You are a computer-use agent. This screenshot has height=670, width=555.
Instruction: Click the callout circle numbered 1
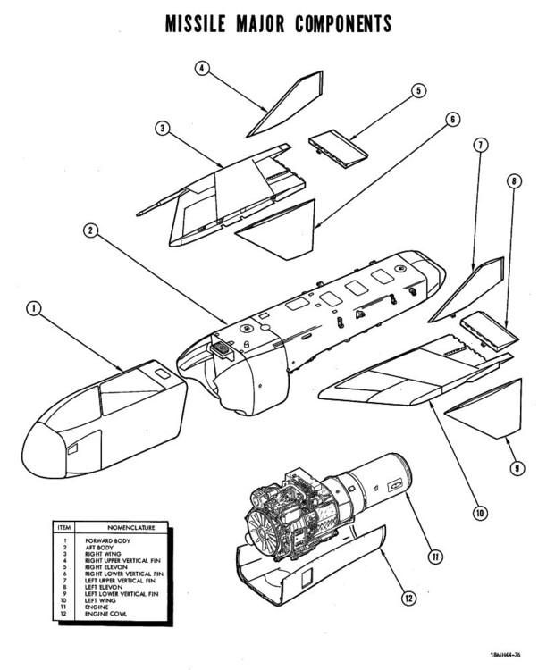(35, 309)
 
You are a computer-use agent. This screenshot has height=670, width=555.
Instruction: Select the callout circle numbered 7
(479, 143)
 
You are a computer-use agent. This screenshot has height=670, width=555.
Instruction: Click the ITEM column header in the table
(64, 528)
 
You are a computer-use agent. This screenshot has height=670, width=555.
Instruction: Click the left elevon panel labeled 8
(486, 329)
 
